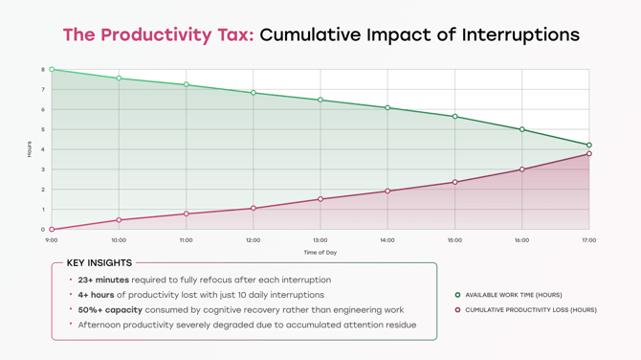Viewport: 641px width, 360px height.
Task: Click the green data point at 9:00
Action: click(52, 70)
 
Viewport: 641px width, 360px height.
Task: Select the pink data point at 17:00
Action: click(589, 154)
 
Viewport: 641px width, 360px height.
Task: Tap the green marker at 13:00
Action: click(320, 101)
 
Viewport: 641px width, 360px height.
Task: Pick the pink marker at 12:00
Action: click(254, 209)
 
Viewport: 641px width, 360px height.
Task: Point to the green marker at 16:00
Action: click(522, 129)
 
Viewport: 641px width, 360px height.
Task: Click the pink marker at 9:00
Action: click(52, 230)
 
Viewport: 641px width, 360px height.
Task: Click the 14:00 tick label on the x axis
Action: click(387, 240)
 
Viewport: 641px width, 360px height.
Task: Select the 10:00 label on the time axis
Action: click(119, 240)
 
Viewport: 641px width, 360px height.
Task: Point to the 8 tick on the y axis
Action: click(43, 70)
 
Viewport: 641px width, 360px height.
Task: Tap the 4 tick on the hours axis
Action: click(43, 149)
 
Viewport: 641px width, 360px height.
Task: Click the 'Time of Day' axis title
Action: click(320, 253)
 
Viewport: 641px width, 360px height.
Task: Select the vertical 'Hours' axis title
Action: click(30, 149)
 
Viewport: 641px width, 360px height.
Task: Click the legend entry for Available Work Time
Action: click(513, 295)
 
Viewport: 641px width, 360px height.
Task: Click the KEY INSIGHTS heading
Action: click(99, 263)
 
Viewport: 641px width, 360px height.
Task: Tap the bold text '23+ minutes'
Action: click(103, 281)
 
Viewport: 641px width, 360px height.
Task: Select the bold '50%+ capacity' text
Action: click(110, 310)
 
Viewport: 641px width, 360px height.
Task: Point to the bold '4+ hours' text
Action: click(97, 295)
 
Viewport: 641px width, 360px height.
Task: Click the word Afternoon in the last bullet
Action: click(99, 325)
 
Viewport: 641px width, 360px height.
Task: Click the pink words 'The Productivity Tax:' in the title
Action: click(158, 35)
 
